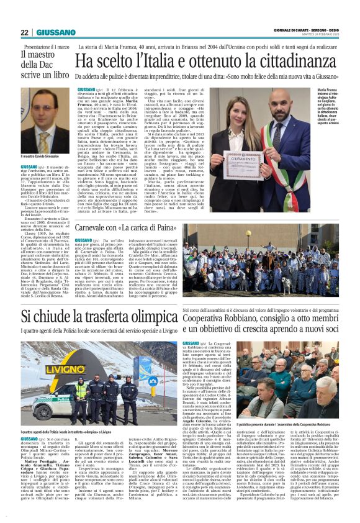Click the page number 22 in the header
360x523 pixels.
click(x=24, y=32)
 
